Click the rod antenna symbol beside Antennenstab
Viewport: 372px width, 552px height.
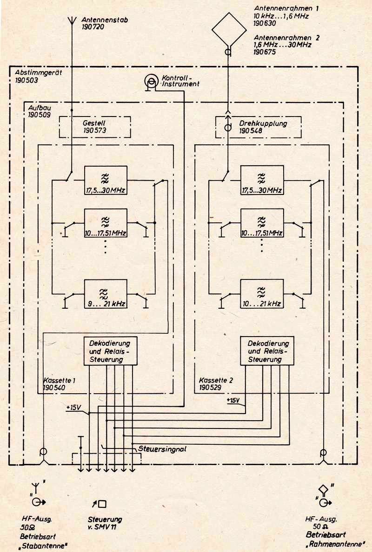72,22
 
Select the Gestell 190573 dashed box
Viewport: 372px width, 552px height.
95,127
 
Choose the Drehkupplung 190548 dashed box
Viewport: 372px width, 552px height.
259,127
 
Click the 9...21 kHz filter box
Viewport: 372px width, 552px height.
105,294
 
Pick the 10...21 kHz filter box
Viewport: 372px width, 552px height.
261,294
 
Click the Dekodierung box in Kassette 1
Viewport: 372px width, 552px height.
110,351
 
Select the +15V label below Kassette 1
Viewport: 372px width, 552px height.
74,407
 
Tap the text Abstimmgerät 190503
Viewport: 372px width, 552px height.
33,76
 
